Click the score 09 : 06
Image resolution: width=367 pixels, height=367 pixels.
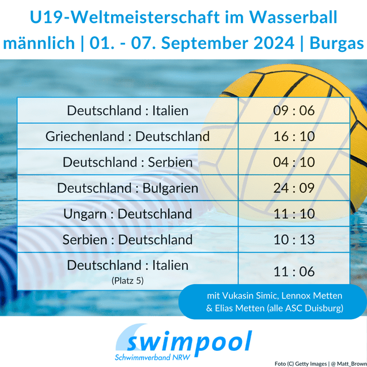294,111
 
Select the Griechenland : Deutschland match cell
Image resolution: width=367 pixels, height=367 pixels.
127,137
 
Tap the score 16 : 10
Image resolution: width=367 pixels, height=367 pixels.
294,137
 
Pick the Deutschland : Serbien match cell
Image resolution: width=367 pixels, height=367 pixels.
127,162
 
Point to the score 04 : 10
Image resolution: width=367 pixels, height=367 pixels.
294,162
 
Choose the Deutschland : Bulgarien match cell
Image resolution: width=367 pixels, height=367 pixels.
127,188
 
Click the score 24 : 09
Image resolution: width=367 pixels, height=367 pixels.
294,188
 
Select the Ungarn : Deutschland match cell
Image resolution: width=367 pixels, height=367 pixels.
127,214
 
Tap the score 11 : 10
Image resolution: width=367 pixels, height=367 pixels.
294,214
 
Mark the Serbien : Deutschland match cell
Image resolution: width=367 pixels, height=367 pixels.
127,240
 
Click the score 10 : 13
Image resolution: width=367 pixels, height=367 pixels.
294,240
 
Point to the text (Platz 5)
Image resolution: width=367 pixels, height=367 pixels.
127,281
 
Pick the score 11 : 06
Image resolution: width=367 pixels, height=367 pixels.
294,271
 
